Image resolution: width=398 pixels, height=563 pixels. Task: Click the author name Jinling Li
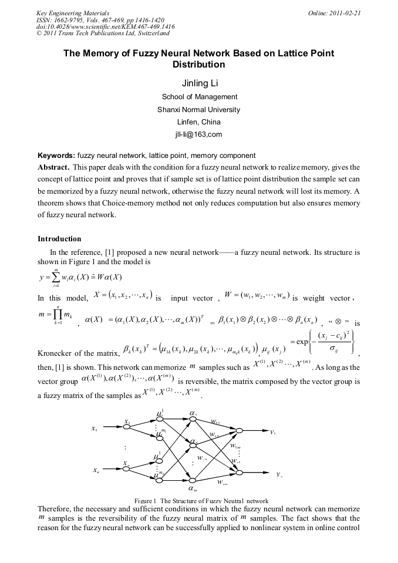point(199,83)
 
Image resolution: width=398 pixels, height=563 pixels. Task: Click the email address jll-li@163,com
point(199,134)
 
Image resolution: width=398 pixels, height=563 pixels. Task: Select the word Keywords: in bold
point(56,156)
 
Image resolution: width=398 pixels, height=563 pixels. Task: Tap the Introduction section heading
point(59,239)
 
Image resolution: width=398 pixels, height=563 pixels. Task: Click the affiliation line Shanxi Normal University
point(199,109)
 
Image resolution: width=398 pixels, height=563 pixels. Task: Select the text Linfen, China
point(199,122)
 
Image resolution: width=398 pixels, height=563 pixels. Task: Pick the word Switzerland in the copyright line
point(144,34)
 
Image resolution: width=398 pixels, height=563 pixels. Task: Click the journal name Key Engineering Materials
point(73,13)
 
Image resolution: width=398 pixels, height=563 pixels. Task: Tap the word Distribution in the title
point(199,65)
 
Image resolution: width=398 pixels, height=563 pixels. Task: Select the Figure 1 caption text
point(201,500)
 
